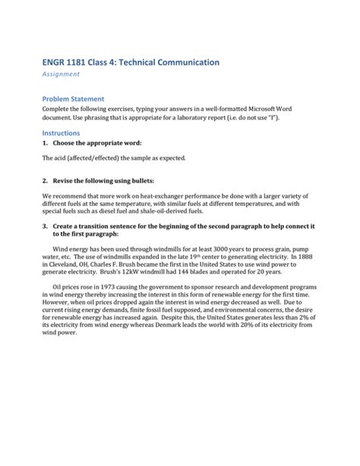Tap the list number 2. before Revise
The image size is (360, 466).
pyautogui.click(x=46, y=182)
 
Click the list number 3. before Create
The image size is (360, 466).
pyautogui.click(x=46, y=226)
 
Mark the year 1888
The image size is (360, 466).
pyautogui.click(x=311, y=258)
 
